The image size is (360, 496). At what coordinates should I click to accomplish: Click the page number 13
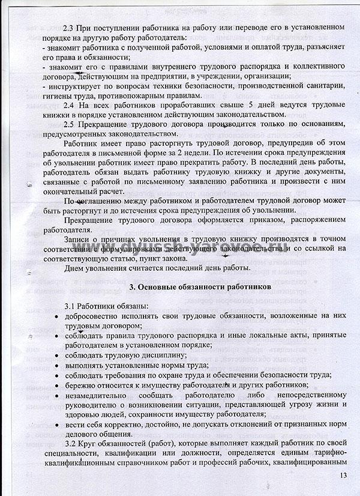point(343,476)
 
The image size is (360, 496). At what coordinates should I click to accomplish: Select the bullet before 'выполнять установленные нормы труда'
point(56,364)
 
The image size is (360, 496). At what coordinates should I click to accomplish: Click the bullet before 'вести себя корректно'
point(56,424)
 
